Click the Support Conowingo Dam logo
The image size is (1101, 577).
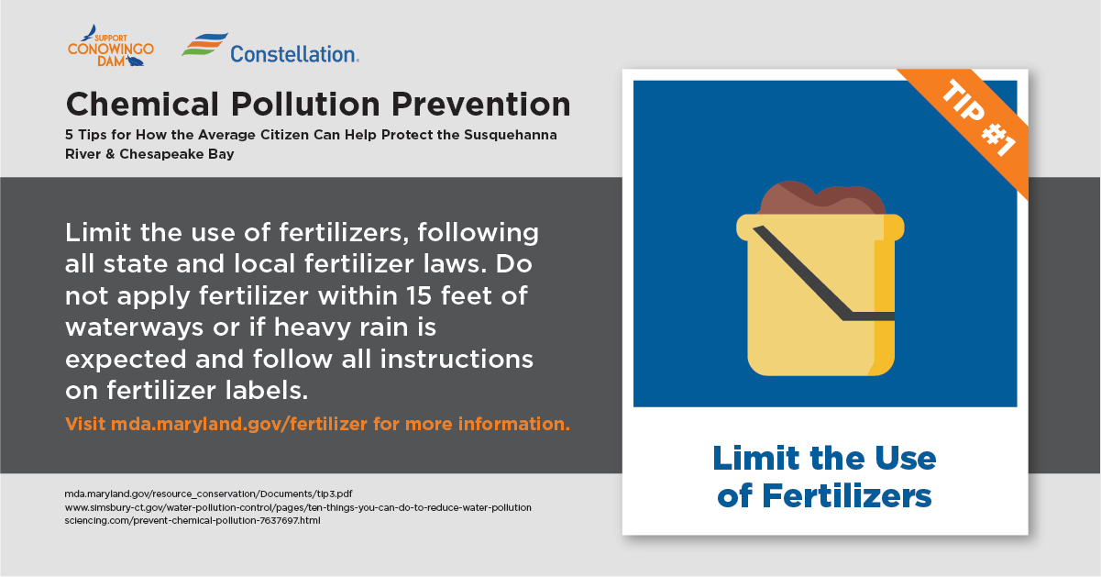click(111, 46)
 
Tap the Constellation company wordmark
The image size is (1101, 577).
click(294, 54)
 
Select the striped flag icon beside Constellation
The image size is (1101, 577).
click(205, 44)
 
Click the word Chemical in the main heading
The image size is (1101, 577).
click(142, 105)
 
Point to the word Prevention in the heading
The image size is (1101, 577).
click(480, 105)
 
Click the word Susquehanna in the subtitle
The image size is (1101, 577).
click(511, 135)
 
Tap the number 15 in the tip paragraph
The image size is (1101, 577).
click(419, 295)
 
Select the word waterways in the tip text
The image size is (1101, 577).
click(134, 327)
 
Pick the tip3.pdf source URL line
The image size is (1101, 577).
click(208, 494)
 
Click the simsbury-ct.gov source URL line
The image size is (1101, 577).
click(298, 507)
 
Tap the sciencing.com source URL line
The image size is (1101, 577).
click(193, 520)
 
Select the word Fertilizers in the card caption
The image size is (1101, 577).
click(847, 496)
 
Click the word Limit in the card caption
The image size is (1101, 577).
click(757, 458)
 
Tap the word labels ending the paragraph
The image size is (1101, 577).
click(267, 391)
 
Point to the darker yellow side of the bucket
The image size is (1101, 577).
click(885, 295)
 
